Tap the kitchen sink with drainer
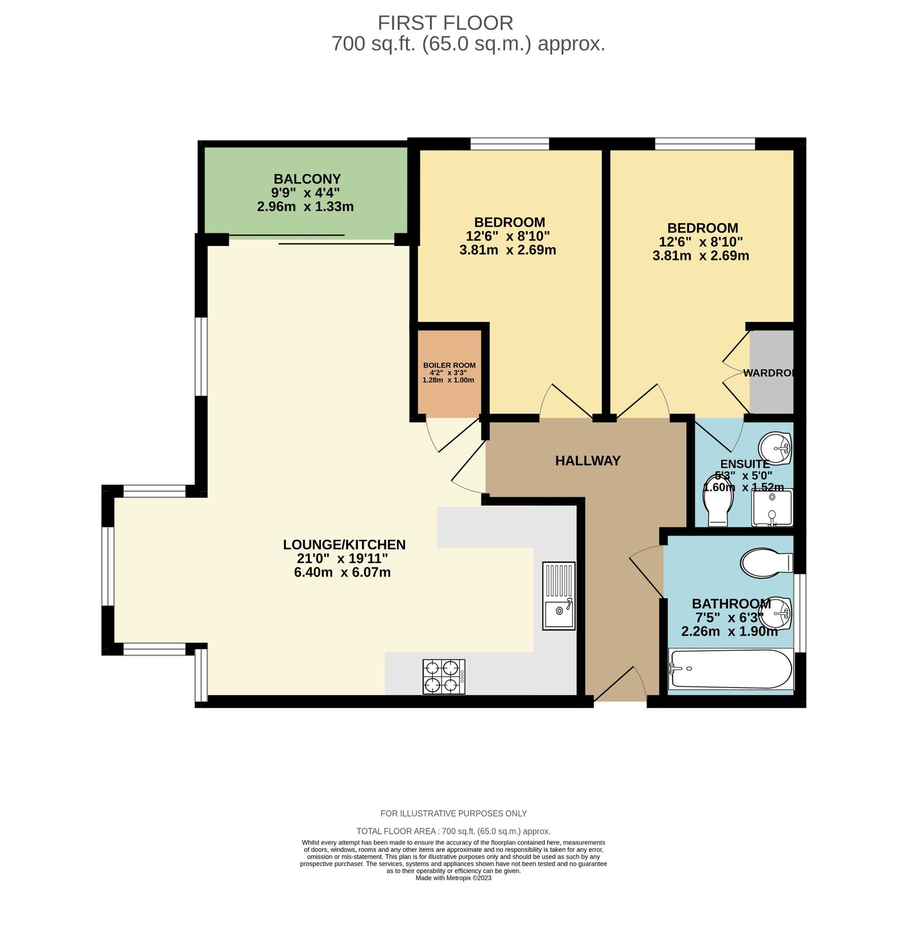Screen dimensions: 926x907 coord(559,596)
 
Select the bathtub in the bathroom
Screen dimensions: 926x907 coord(731,669)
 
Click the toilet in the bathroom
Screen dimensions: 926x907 coord(766,563)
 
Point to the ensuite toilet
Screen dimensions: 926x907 coord(718,502)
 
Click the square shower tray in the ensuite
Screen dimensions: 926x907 coord(772,508)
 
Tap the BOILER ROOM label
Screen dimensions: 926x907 coord(449,365)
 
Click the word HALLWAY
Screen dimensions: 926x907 coord(588,461)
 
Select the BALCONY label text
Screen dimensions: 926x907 coord(307,179)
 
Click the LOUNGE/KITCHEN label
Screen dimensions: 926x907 coord(344,545)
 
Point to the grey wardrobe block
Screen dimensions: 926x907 coord(771,371)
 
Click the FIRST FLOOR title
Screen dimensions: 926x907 coord(445,23)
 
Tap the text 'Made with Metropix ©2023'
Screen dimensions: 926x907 coord(453,878)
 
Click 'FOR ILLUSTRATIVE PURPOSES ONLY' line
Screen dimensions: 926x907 coord(453,813)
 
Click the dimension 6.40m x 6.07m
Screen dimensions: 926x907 coord(342,573)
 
